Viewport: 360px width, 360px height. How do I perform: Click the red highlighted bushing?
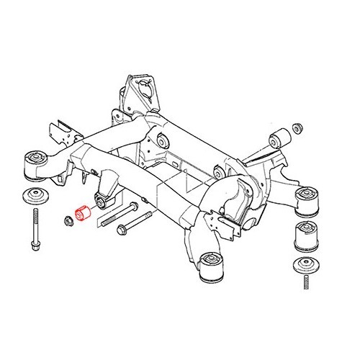tap(81, 215)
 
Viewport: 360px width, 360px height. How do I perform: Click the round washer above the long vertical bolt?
tap(34, 197)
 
